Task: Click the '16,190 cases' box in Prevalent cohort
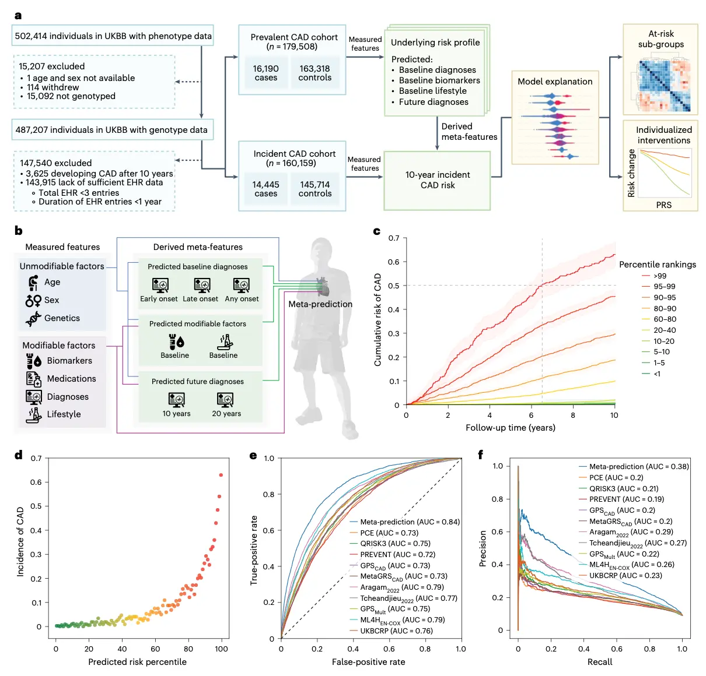(266, 73)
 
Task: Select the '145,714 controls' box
(315, 189)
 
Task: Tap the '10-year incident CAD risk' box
(437, 180)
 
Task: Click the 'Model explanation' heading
(555, 82)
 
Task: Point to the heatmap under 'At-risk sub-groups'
(664, 85)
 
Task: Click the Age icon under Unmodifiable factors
(33, 283)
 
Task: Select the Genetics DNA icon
(33, 319)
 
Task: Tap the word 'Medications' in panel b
(71, 379)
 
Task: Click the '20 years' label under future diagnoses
(226, 414)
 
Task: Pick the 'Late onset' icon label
(200, 299)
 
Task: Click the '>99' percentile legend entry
(660, 276)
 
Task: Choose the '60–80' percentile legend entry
(665, 319)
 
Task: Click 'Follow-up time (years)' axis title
(511, 428)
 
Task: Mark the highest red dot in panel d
(221, 475)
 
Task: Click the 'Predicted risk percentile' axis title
(137, 662)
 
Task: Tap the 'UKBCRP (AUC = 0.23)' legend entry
(625, 576)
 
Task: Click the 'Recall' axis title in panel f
(600, 662)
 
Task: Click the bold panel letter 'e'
(253, 455)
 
